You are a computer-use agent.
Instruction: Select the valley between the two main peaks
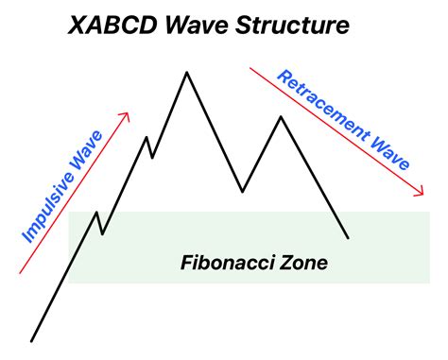tap(242, 192)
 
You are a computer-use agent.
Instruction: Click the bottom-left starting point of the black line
tap(32, 340)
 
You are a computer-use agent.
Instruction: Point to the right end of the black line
tap(348, 237)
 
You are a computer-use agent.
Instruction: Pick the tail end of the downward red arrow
tap(250, 66)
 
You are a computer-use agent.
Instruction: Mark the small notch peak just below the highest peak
tap(146, 138)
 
